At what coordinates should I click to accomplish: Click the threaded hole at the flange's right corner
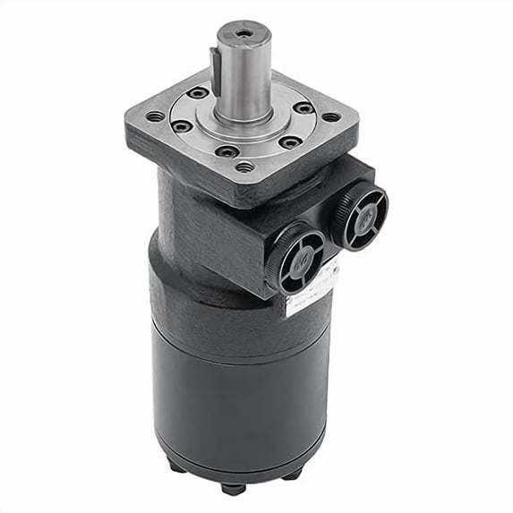tap(331, 115)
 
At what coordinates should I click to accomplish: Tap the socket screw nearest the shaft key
tap(198, 93)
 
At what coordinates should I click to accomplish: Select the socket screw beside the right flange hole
tap(304, 108)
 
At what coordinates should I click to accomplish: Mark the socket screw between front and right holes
tap(288, 141)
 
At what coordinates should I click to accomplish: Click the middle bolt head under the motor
tap(234, 488)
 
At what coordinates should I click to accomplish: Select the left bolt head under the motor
tap(175, 465)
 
